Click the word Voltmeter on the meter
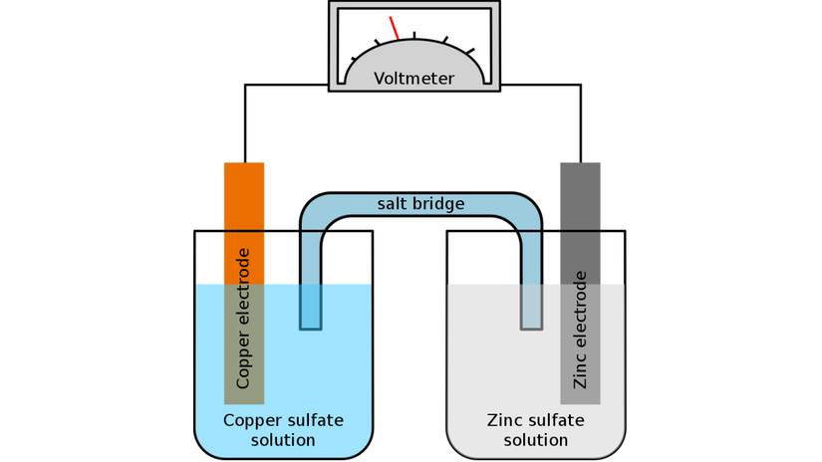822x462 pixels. click(413, 78)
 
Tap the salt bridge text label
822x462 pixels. click(420, 204)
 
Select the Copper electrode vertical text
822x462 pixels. click(243, 318)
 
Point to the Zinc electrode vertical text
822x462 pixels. click(581, 329)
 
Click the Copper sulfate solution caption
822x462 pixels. click(283, 430)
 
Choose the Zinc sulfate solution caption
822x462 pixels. click(535, 430)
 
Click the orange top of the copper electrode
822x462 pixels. click(243, 199)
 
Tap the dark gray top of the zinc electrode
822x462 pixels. click(580, 199)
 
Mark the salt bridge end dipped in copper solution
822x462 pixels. click(311, 309)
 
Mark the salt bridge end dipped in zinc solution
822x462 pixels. click(532, 309)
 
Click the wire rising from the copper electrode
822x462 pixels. click(244, 124)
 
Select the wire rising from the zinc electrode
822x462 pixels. click(580, 124)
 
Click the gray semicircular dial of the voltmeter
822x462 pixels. click(413, 62)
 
